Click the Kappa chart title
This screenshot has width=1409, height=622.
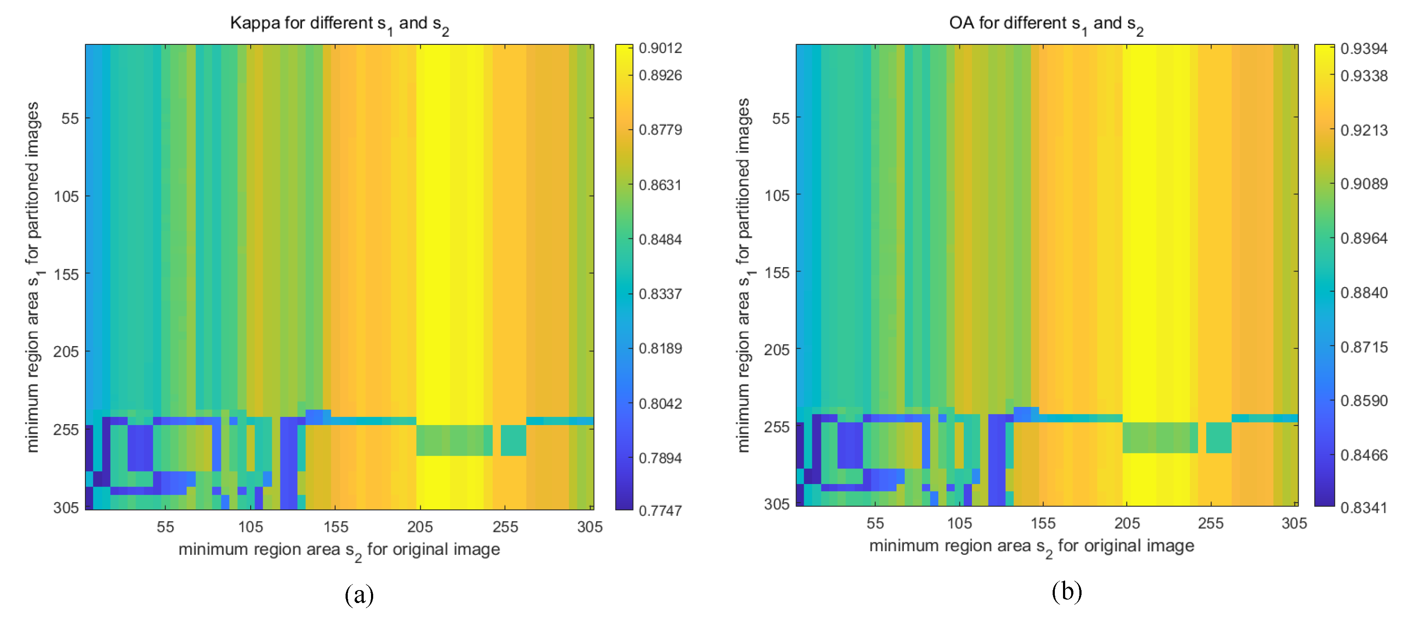(x=339, y=24)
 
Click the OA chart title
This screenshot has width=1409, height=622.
(x=1046, y=24)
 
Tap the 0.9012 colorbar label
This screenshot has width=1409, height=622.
(x=660, y=48)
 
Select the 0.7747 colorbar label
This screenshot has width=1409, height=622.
(x=660, y=510)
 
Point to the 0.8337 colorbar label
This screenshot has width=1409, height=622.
(x=660, y=294)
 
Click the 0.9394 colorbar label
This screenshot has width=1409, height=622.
(x=1364, y=49)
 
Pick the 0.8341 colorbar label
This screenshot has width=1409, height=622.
(x=1364, y=508)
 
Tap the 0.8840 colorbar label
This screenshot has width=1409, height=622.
(x=1364, y=293)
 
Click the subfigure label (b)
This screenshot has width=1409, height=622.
(x=1066, y=591)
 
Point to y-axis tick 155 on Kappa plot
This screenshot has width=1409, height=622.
(x=66, y=275)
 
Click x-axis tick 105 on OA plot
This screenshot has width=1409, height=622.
(x=959, y=524)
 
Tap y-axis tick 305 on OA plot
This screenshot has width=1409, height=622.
(x=776, y=504)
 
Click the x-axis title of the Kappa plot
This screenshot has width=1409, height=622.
(x=339, y=550)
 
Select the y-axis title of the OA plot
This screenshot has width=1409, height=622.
(x=743, y=275)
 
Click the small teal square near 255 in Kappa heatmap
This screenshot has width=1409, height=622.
(x=513, y=441)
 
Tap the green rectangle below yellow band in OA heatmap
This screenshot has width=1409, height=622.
(x=1160, y=437)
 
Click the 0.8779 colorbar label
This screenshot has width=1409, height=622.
(x=660, y=130)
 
